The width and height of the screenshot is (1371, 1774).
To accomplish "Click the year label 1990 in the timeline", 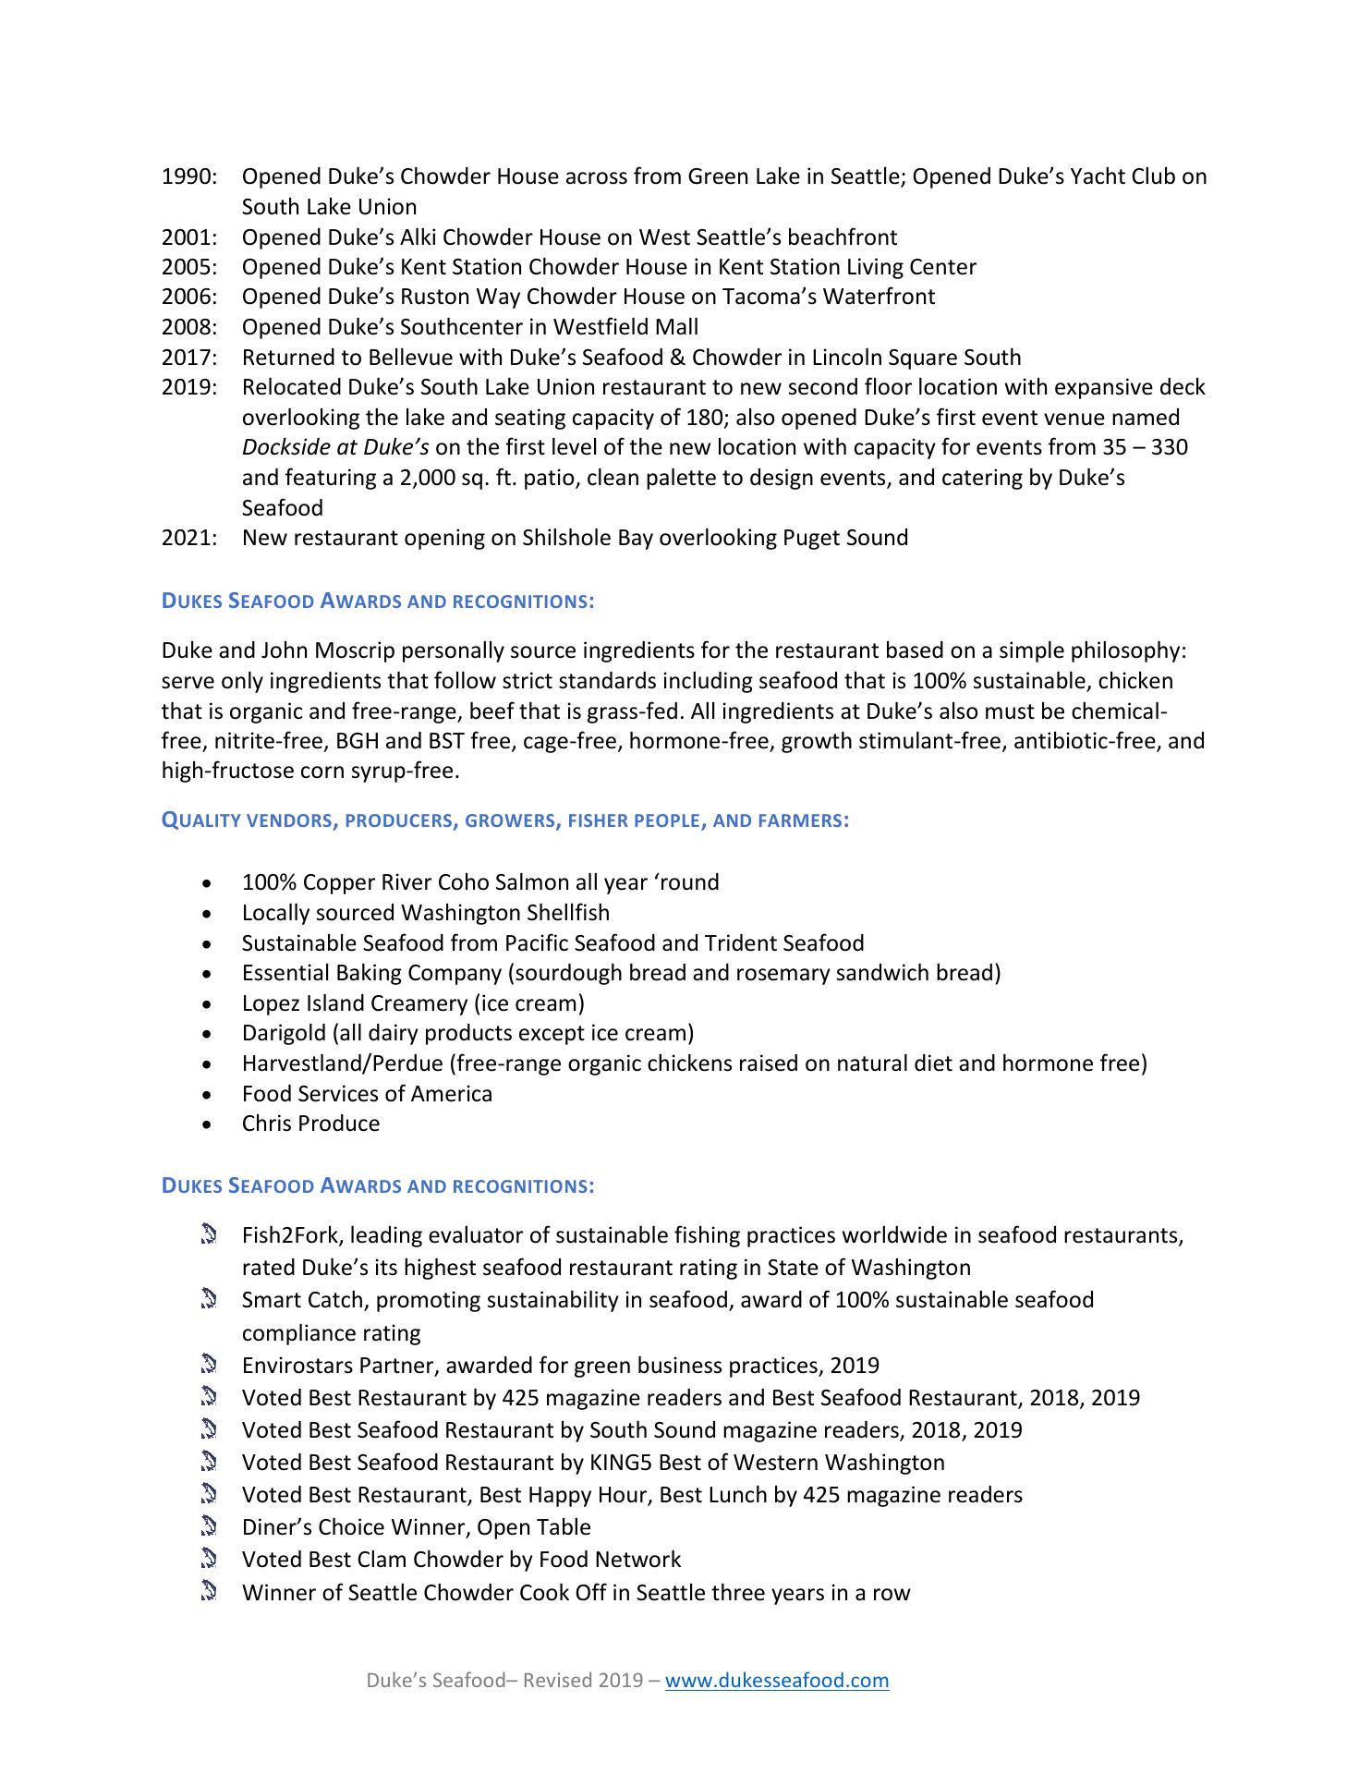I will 188,176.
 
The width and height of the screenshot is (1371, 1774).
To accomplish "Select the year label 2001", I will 188,237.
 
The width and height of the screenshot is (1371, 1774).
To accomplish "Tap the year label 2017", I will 188,358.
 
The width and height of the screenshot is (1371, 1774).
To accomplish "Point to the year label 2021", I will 188,538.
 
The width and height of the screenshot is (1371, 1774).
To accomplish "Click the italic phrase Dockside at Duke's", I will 334,448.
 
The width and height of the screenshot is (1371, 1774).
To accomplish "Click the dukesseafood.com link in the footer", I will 777,1680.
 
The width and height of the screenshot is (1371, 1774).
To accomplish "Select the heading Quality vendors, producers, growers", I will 504,820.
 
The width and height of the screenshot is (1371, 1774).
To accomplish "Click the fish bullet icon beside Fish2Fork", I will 208,1234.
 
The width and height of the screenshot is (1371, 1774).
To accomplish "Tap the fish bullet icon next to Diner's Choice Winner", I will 208,1526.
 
